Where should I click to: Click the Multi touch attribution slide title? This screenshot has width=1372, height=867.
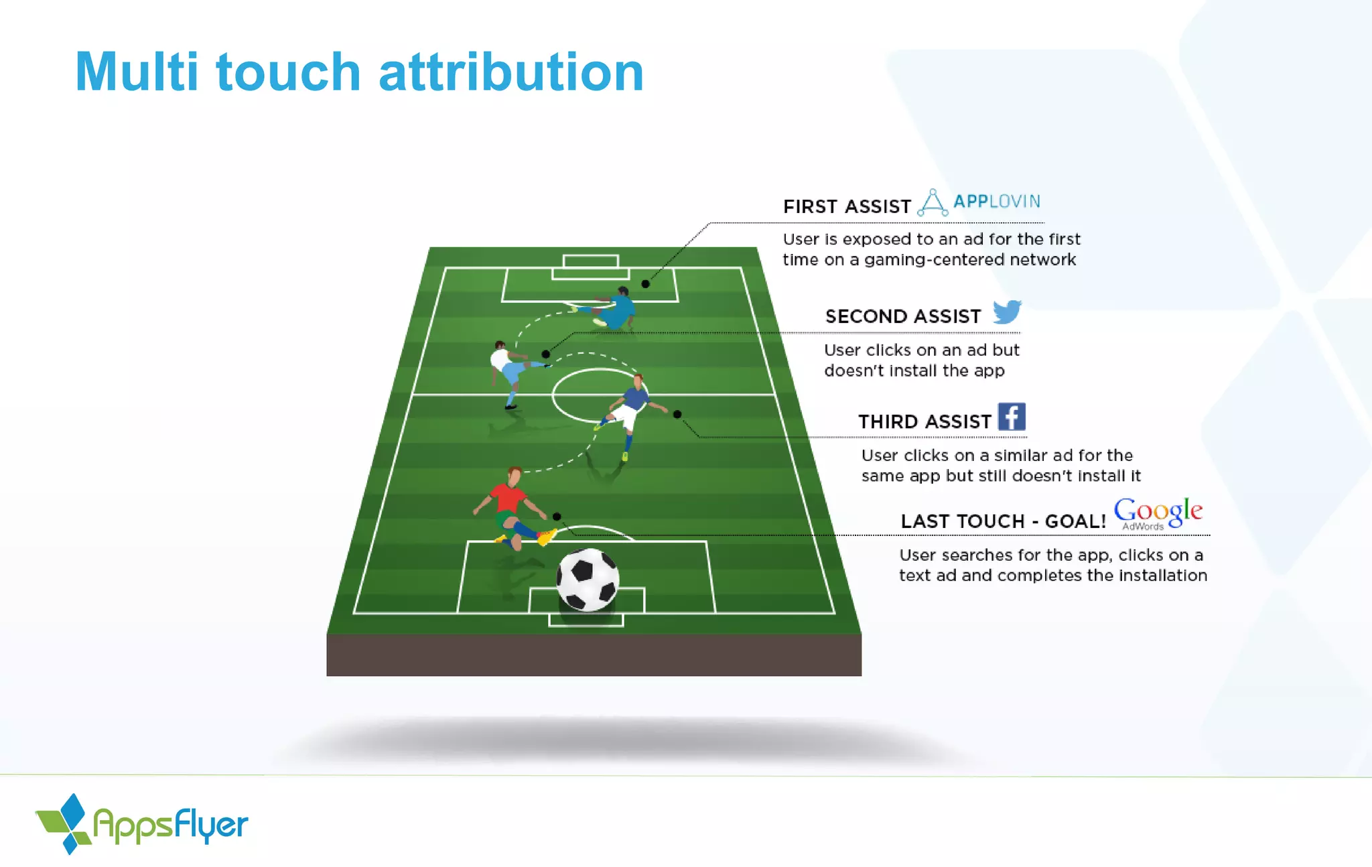click(x=359, y=72)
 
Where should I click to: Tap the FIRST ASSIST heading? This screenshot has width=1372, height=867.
click(x=847, y=206)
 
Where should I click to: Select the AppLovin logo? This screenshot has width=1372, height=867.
click(x=979, y=202)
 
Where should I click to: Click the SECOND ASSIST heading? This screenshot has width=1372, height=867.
click(x=902, y=316)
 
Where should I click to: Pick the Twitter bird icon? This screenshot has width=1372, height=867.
click(x=1007, y=312)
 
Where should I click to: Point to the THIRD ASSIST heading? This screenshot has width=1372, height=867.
click(x=924, y=421)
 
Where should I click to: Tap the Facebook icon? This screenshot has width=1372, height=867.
click(x=1012, y=417)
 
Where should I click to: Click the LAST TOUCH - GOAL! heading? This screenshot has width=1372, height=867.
click(x=1003, y=521)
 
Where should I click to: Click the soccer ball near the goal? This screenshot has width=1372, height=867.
click(x=588, y=579)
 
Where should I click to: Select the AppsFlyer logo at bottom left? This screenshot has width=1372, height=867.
click(x=141, y=824)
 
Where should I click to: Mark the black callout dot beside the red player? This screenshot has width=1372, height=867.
click(x=557, y=517)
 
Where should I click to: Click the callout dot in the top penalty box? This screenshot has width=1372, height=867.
click(x=645, y=284)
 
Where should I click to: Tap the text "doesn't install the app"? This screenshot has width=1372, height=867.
click(x=914, y=371)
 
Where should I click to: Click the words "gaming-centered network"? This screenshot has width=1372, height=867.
click(x=969, y=260)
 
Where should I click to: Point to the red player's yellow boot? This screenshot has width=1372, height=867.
click(x=547, y=537)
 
